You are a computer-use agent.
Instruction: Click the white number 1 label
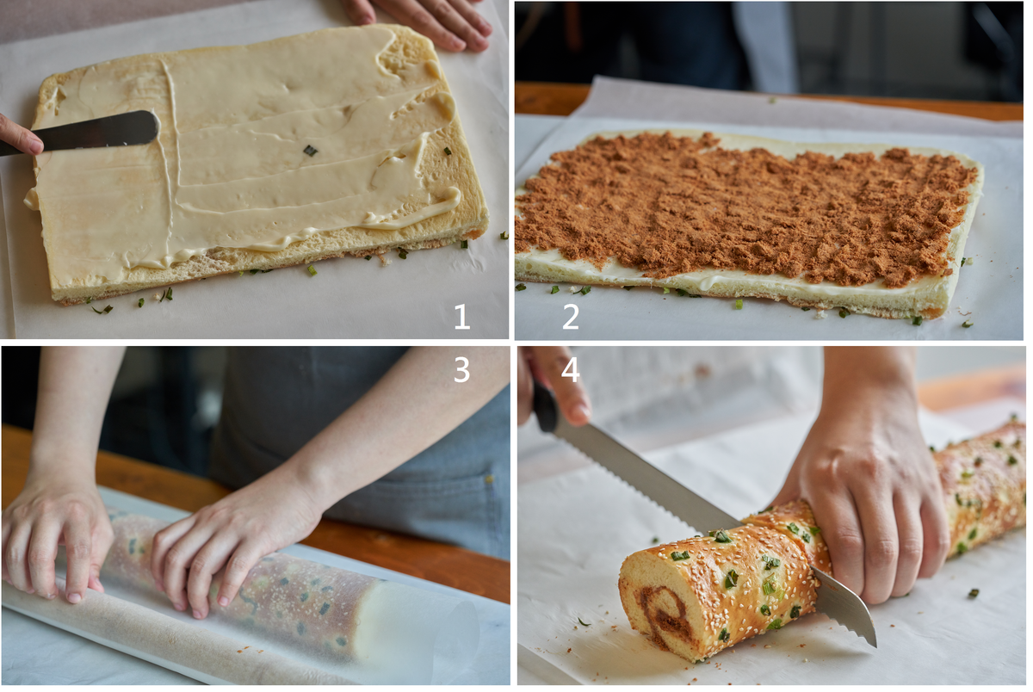462,318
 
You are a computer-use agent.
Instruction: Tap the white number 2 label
571,317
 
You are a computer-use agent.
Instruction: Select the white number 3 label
461,369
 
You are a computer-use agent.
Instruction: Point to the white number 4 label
570,370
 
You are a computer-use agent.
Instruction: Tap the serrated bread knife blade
710,521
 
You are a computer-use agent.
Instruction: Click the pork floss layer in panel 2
747,212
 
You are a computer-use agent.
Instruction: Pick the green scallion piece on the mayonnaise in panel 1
311,151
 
